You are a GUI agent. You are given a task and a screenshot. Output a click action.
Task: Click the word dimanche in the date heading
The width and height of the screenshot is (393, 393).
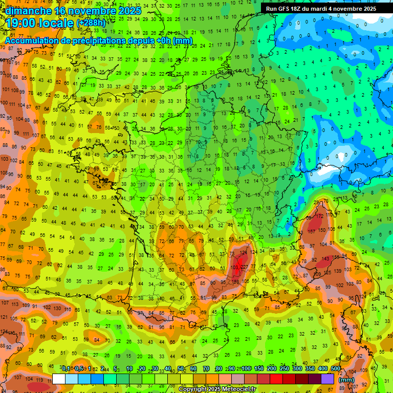[28, 10]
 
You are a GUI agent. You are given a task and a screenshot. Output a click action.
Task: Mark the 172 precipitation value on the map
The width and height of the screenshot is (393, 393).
[320, 216]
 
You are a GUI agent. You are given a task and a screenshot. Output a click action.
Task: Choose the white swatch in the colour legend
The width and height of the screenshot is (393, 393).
[59, 379]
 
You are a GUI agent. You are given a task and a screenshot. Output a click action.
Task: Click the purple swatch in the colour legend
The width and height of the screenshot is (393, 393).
[327, 379]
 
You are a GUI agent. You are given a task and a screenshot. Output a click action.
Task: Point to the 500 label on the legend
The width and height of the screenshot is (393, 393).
[336, 369]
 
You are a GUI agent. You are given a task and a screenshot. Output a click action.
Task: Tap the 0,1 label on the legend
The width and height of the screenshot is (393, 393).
[67, 369]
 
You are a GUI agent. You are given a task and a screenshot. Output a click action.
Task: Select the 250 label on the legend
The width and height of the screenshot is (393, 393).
[284, 369]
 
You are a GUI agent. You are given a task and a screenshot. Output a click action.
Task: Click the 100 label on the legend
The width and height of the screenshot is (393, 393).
[246, 369]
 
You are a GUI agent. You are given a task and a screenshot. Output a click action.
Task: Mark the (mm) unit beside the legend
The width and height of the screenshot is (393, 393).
[346, 380]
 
